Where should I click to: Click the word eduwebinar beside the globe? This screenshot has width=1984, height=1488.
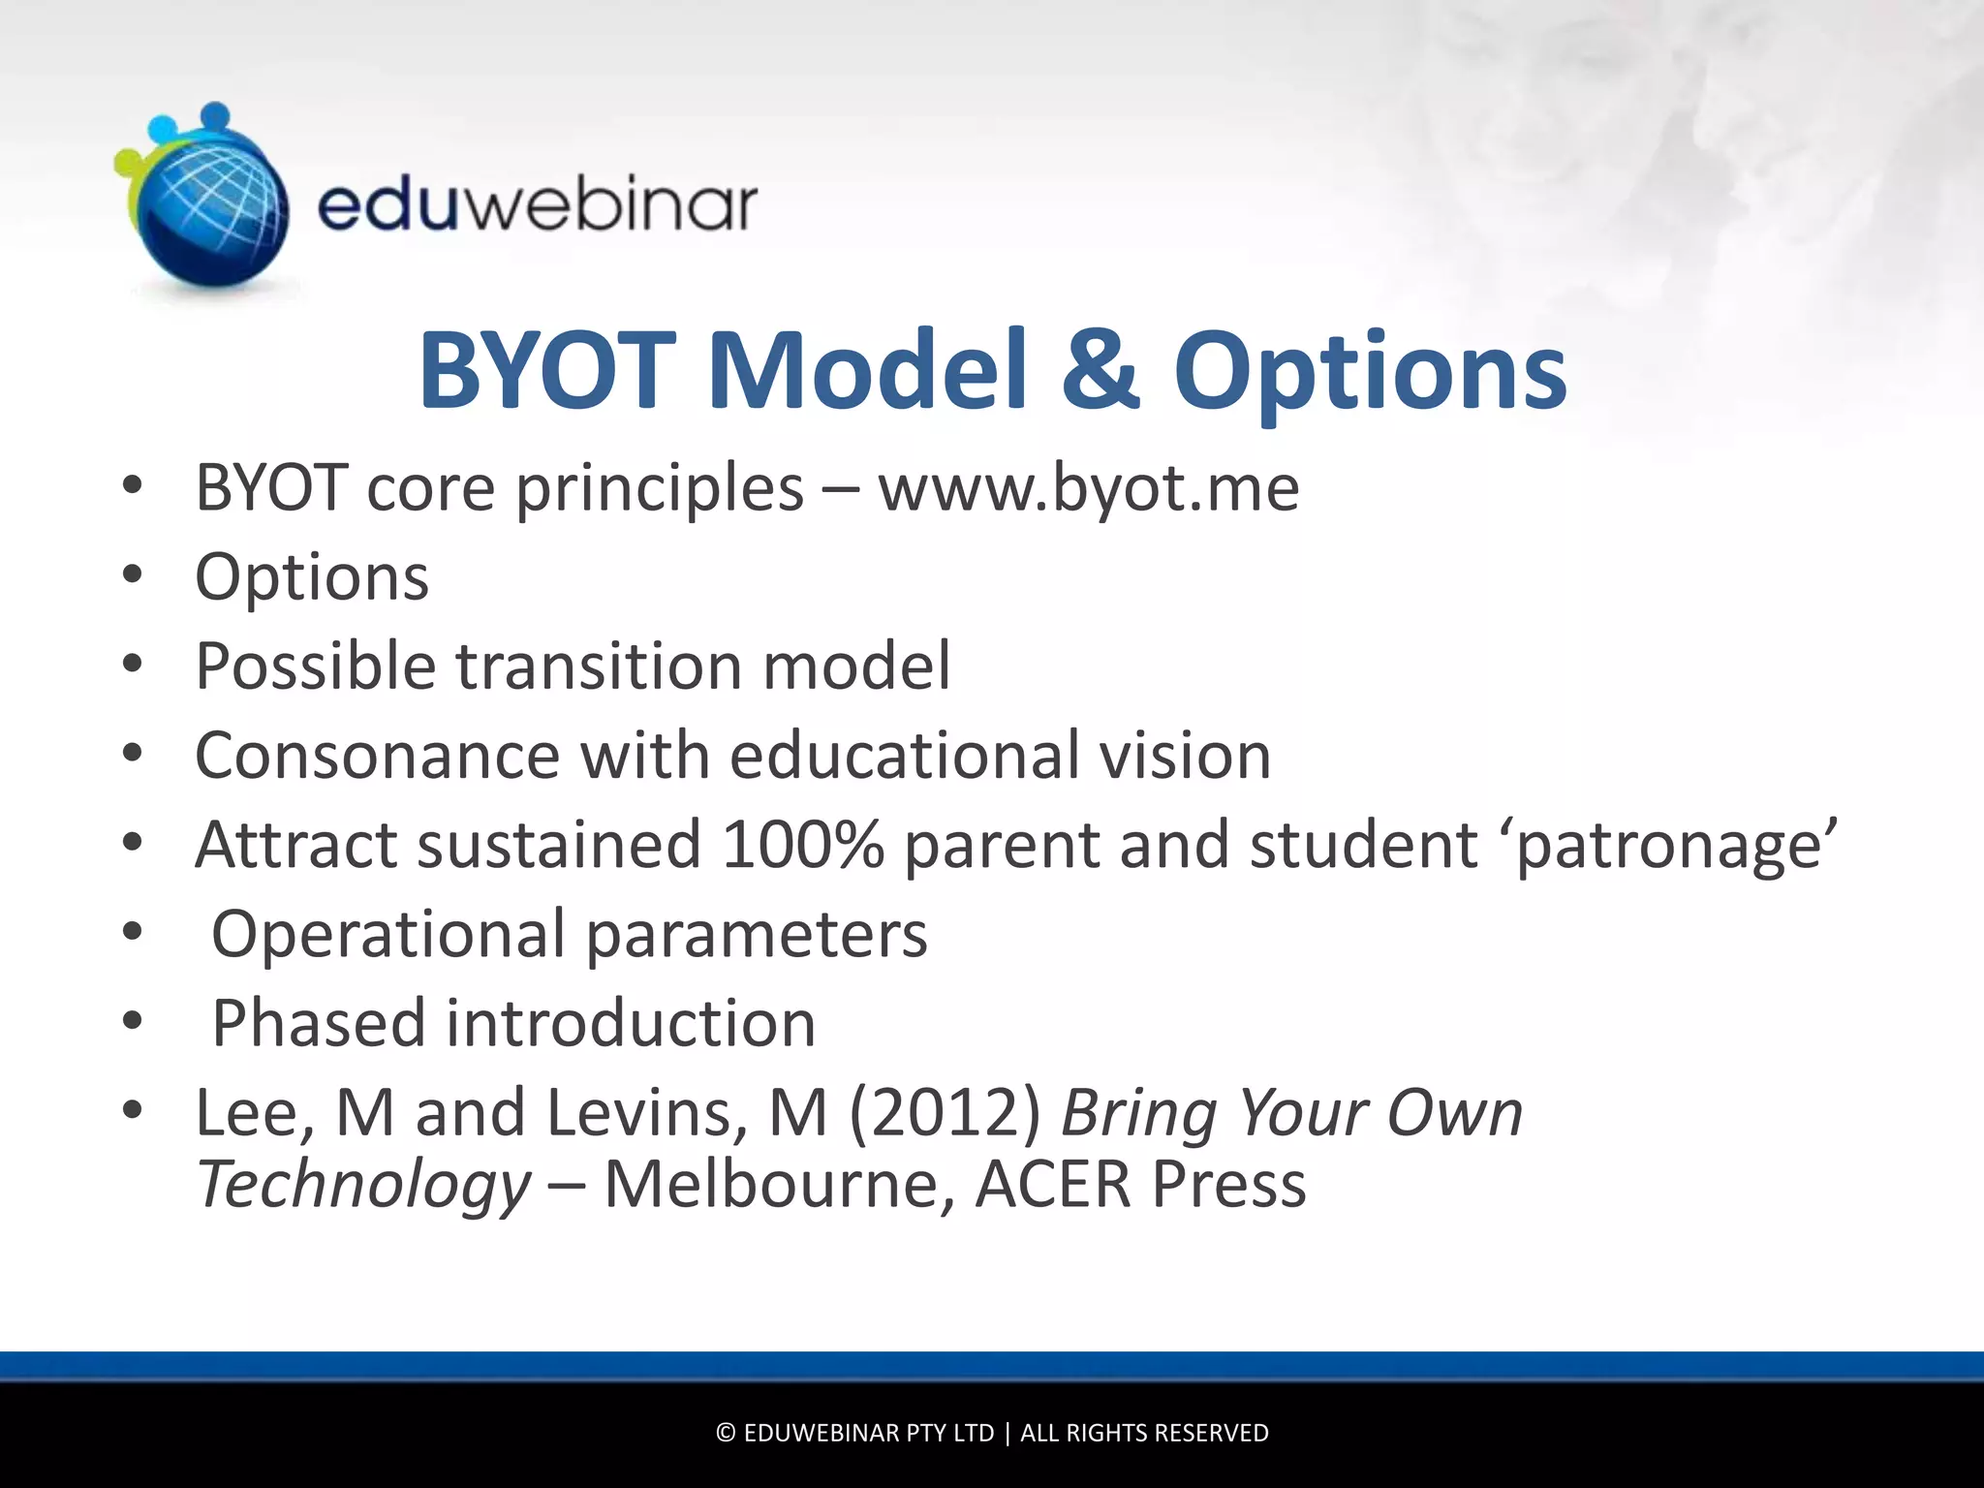538,205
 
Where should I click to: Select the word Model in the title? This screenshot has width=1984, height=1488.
867,370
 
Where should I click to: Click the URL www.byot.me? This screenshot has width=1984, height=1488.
1088,488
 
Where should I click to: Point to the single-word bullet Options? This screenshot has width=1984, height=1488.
312,578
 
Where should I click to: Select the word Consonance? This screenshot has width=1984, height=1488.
377,756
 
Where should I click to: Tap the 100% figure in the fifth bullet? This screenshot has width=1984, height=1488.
802,845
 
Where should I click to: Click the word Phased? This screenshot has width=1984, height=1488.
319,1024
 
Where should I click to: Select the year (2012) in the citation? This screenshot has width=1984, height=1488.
945,1113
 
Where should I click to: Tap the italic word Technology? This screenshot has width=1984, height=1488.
364,1185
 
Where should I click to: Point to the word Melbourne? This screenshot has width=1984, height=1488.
779,1185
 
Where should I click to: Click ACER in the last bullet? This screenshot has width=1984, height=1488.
1053,1185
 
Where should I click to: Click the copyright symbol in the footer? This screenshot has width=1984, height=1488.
726,1433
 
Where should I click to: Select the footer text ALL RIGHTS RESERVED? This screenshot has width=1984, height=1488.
1144,1433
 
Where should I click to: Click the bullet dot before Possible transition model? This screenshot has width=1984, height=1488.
133,665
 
